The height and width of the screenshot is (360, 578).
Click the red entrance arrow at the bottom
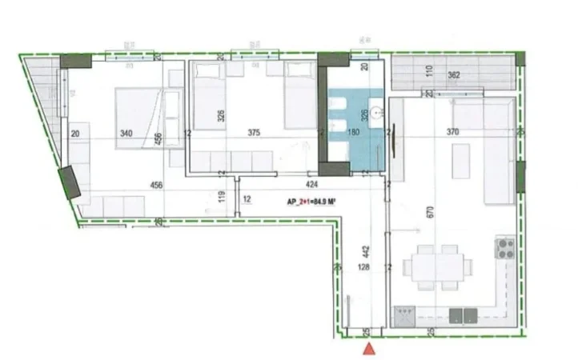coord(369,349)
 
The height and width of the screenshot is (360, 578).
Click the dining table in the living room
coord(437,267)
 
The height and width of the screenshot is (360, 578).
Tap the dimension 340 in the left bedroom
coord(126,134)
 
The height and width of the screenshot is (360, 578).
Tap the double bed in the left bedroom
coord(142,118)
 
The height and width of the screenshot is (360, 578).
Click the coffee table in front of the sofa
coord(462,162)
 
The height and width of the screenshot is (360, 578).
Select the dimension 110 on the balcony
coord(429,70)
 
